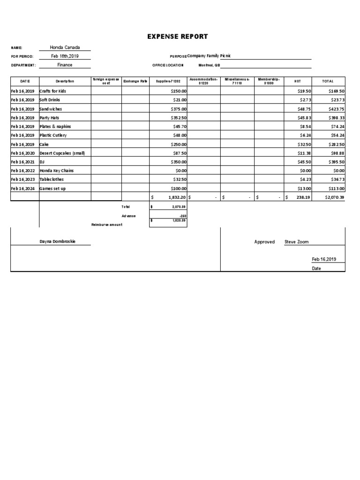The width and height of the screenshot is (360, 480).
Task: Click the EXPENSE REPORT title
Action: click(178, 37)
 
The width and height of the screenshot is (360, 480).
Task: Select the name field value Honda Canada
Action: click(65, 47)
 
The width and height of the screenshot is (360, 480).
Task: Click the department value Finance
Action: click(65, 65)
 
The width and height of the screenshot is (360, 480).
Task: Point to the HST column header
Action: click(297, 81)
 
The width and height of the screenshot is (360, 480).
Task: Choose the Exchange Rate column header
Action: click(135, 81)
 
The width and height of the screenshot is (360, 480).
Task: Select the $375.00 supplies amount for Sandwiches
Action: click(179, 109)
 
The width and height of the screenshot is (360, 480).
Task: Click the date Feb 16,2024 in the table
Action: click(22, 188)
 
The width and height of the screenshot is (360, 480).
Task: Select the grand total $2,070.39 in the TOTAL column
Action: click(334, 197)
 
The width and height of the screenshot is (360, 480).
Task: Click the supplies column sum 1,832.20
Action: click(177, 197)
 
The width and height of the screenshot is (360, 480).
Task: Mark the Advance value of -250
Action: click(182, 216)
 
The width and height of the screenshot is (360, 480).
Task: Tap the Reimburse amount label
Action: click(107, 225)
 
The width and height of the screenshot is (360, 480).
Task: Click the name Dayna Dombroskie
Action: click(58, 241)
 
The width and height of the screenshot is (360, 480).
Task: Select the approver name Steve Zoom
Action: click(296, 242)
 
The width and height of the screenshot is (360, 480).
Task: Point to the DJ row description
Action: click(42, 162)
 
